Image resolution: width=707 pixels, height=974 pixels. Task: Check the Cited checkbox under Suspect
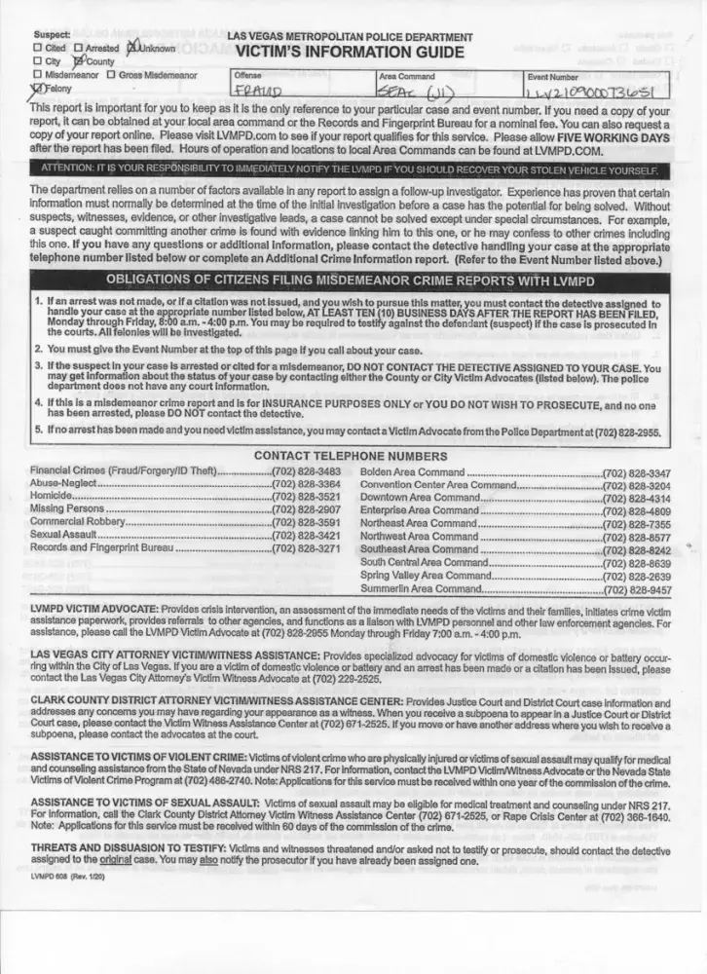click(37, 47)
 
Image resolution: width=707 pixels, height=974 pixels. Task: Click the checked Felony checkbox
click(37, 89)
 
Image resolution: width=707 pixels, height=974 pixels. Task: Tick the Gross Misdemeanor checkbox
click(111, 75)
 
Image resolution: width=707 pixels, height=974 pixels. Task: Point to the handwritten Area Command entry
click(415, 90)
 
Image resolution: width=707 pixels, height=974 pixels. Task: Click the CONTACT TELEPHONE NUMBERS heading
click(351, 456)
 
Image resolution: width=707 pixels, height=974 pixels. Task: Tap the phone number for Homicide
click(306, 496)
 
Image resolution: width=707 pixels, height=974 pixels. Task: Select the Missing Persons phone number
click(306, 508)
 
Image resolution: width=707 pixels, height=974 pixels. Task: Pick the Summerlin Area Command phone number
click(637, 589)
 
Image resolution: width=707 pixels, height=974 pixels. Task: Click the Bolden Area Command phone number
click(637, 470)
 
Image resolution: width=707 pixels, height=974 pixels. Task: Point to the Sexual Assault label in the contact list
click(63, 536)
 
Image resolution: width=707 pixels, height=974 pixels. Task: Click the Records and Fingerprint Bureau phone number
click(306, 549)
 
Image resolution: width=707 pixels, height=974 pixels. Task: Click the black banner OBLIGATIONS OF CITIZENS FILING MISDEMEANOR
click(351, 282)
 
